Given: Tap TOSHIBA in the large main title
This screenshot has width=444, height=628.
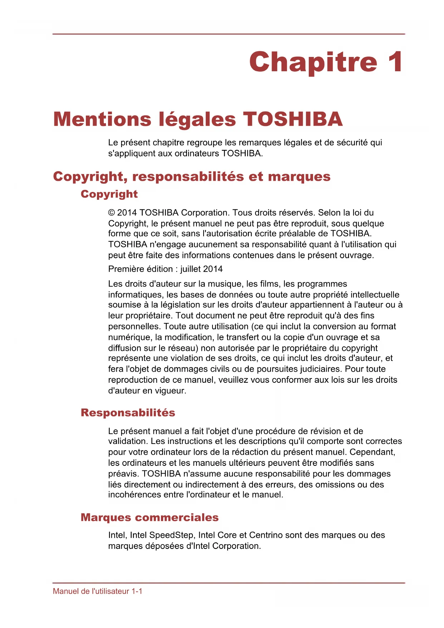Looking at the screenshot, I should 293,119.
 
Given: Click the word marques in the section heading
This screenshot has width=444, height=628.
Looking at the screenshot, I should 299,177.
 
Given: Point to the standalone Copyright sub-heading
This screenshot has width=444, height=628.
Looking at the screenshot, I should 109,194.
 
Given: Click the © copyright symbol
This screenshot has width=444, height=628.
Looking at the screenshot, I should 112,213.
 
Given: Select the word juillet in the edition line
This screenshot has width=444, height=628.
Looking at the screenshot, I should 191,269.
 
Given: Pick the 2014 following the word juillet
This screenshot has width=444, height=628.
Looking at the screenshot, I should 213,269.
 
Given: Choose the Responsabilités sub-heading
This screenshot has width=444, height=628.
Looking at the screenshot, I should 128,413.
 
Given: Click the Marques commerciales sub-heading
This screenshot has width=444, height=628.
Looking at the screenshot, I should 150,518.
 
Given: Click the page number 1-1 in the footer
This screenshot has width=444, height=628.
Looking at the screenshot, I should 137,591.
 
